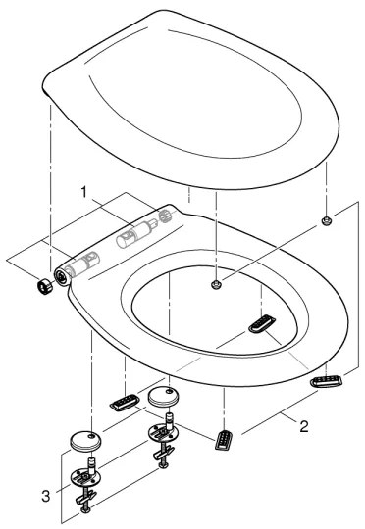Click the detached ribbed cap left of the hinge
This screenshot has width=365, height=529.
pos(43,286)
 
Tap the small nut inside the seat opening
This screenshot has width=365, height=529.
pos(215,285)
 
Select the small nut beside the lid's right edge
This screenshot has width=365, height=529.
pos(325,223)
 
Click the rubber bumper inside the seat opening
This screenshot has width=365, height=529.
pos(263,323)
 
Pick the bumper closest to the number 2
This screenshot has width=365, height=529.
pos(226,438)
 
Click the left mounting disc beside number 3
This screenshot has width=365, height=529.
pos(86,477)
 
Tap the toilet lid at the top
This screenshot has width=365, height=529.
pos(196,88)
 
